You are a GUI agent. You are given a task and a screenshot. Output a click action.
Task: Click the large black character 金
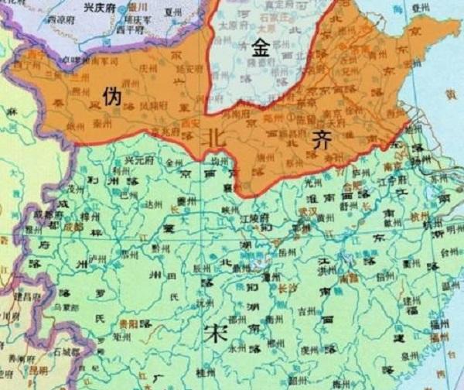259,48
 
